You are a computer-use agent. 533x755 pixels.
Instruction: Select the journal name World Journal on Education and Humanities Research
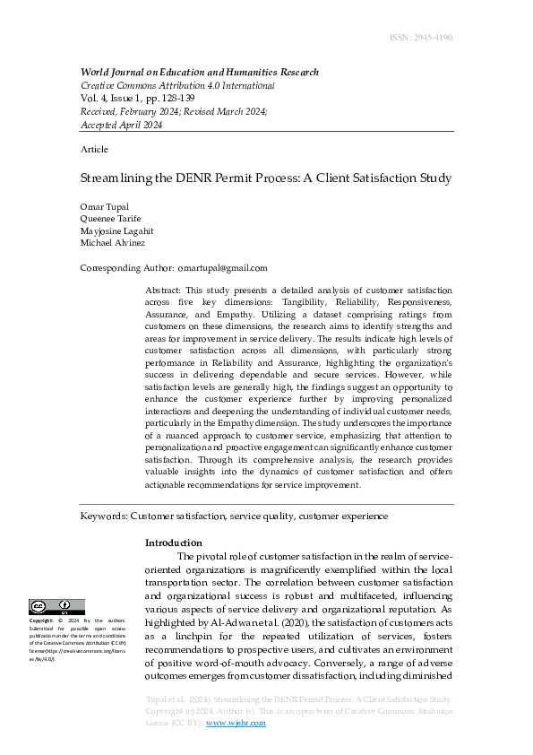199,73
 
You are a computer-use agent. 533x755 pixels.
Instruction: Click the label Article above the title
94,149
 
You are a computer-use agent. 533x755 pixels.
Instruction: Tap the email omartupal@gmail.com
222,268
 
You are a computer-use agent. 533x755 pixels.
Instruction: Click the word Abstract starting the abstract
162,291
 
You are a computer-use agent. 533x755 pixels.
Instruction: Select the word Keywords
103,516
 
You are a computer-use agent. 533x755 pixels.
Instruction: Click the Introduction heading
174,542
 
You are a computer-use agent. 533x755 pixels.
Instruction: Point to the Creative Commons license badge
56,607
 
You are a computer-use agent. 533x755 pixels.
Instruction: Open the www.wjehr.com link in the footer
236,723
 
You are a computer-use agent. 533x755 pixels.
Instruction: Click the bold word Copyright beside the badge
41,620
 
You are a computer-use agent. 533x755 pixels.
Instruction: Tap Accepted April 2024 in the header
121,126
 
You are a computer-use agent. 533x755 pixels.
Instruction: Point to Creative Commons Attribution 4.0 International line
177,86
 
